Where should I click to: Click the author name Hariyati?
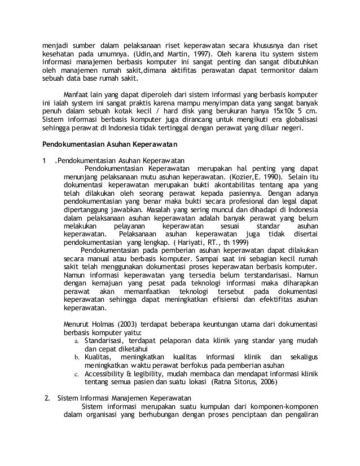tap(190, 243)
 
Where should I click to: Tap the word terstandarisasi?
tap(232, 274)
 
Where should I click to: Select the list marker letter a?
tap(77, 341)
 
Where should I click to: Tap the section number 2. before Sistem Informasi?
tap(48, 400)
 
